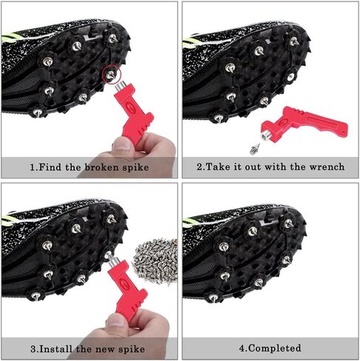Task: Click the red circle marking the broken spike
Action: tap(110, 73)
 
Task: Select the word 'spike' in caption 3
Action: tap(130, 348)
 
